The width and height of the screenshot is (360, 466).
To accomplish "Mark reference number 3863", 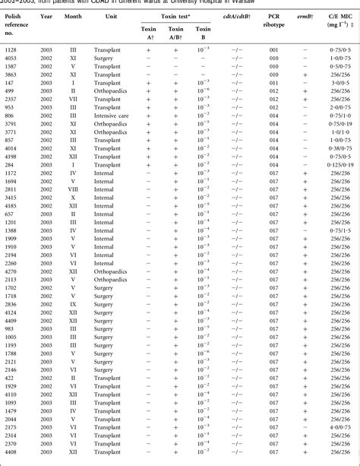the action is pos(13,75).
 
